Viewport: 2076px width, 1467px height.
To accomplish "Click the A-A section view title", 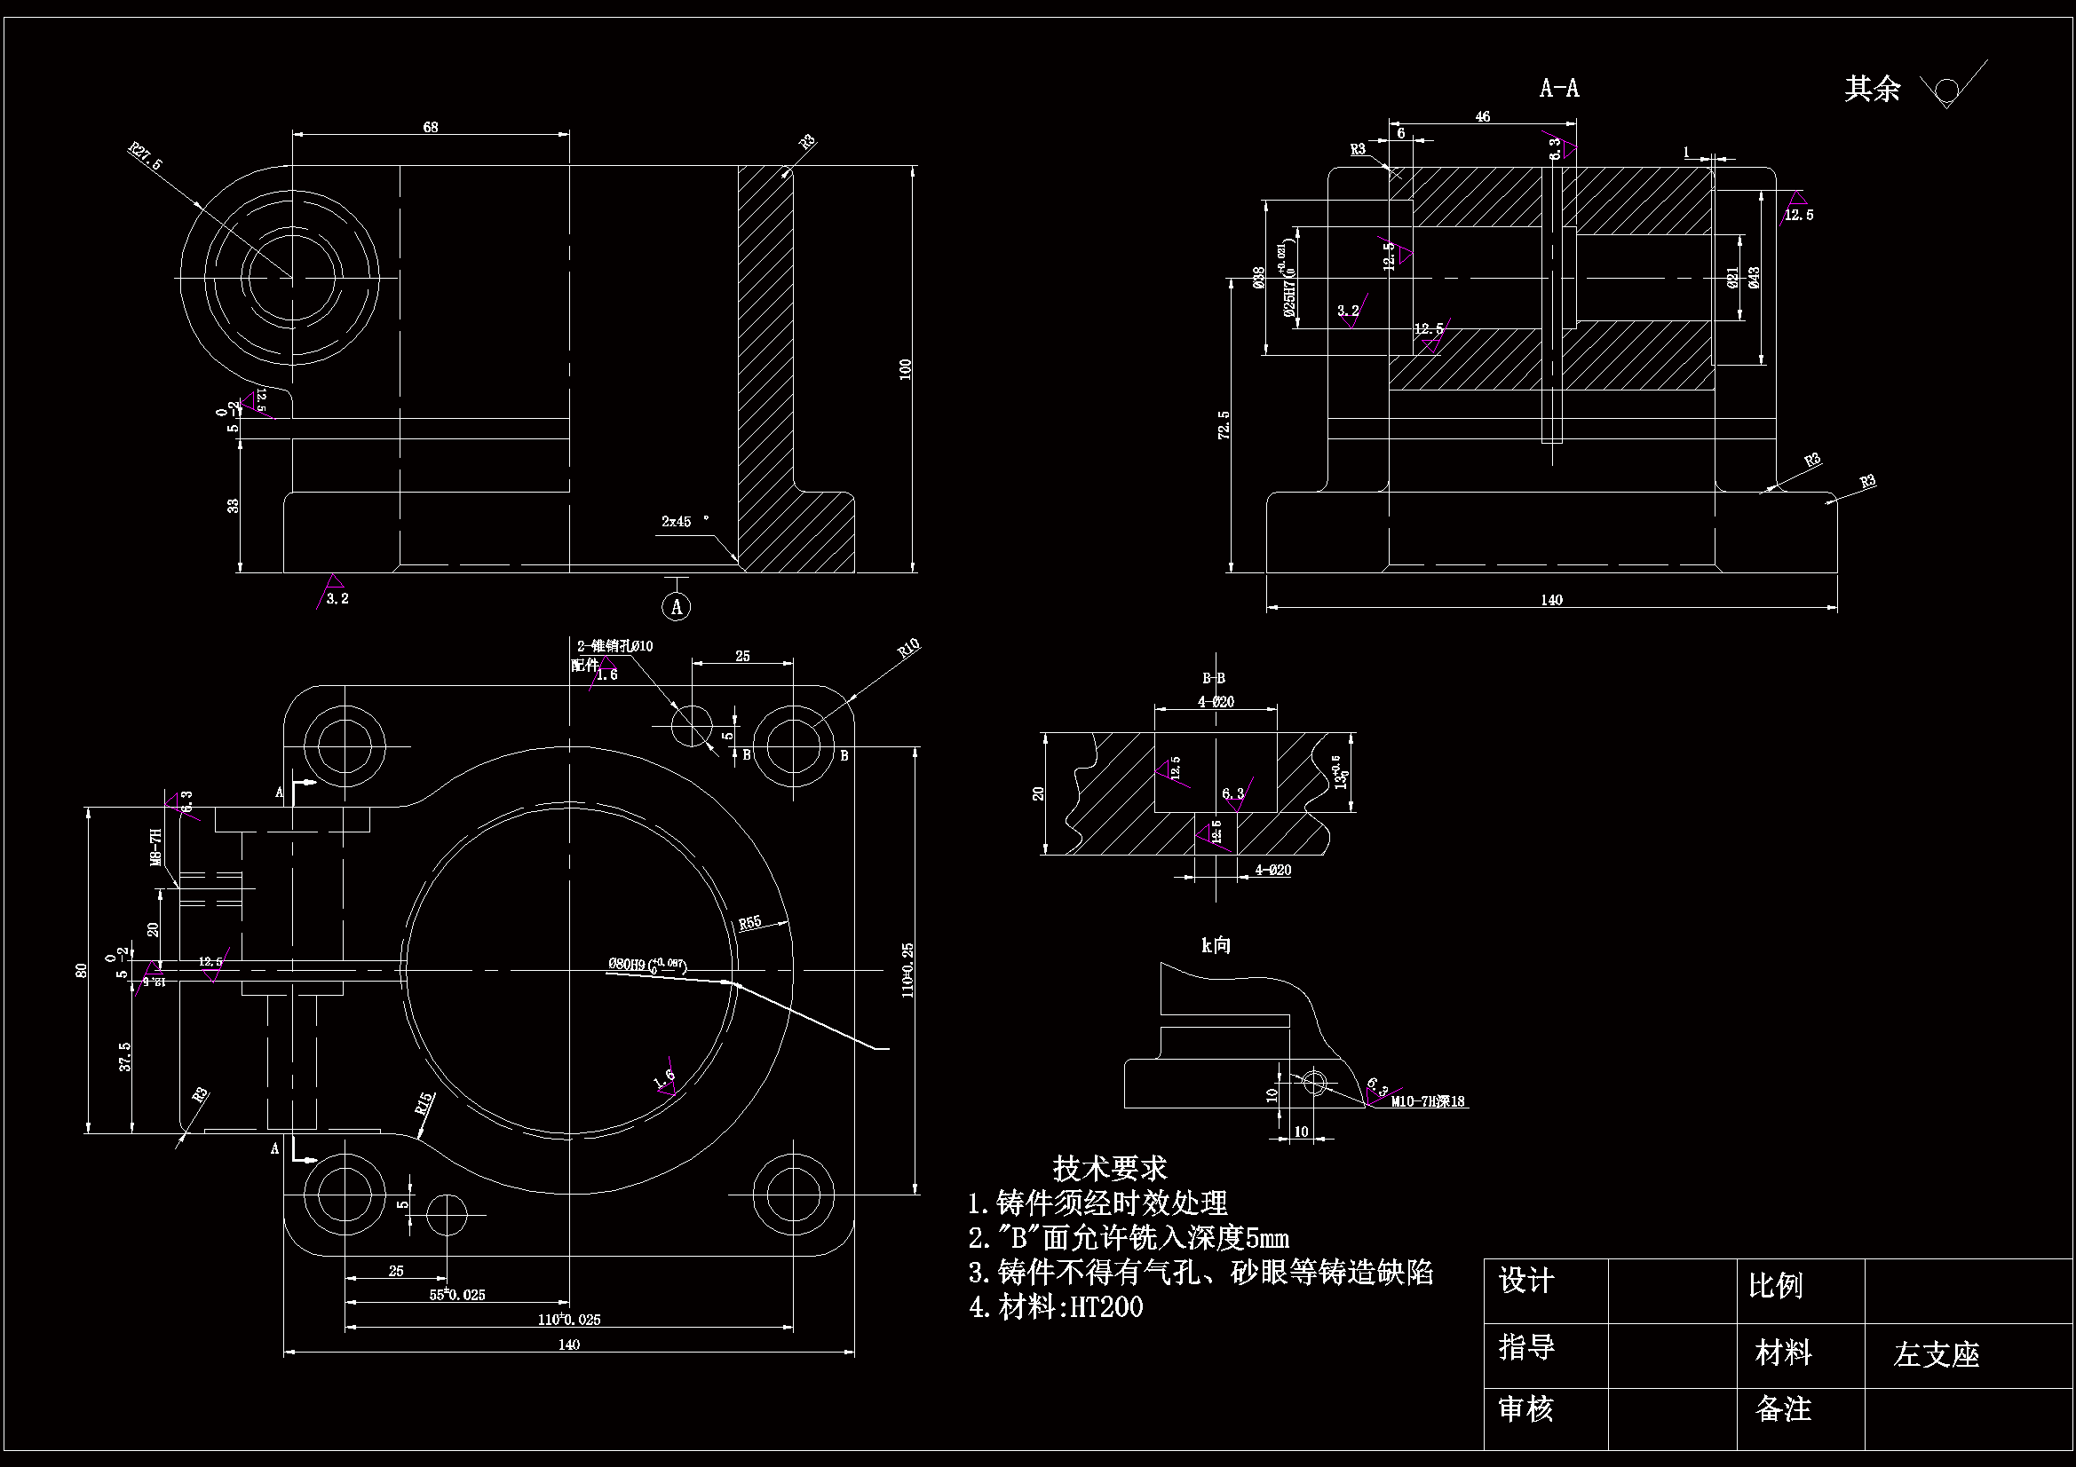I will coord(1559,88).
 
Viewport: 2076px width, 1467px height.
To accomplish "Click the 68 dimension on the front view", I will coord(431,128).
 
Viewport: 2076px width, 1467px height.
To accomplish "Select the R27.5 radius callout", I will coord(145,156).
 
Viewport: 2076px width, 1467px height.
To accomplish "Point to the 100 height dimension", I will coord(905,369).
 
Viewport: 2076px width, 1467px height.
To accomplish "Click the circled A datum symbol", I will coord(677,606).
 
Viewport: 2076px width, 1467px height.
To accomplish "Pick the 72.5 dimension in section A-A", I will coord(1224,425).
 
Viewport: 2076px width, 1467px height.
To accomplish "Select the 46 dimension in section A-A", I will coord(1483,116).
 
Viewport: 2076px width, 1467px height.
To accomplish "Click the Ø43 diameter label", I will coord(1754,278).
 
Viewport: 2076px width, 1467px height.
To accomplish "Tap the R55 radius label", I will coord(749,923).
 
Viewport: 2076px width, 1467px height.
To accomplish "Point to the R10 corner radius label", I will coord(907,648).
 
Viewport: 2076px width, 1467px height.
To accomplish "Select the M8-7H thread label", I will coord(155,847).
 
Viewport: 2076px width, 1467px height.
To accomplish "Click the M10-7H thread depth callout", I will coord(1428,1102).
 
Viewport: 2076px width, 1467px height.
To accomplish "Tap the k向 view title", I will coord(1216,945).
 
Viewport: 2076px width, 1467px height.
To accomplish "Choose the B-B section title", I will coord(1214,678).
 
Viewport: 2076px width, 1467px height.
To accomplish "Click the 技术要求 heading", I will coord(1109,1169).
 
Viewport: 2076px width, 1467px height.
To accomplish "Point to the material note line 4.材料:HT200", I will coord(1056,1307).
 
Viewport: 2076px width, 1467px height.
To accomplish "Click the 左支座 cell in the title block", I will coord(1936,1355).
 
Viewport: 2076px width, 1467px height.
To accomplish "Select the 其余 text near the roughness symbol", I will coord(1872,89).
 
